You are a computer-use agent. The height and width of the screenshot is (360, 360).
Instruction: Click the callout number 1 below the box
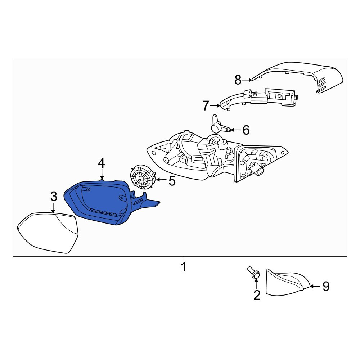click(184, 267)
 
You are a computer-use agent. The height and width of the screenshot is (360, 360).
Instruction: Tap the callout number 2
click(257, 295)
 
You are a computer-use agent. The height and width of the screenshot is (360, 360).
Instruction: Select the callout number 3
click(54, 197)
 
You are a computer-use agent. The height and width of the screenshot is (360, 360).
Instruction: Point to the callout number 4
click(101, 163)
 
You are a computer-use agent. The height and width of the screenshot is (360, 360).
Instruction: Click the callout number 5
click(172, 181)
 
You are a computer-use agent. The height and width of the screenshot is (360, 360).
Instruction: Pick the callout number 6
click(246, 130)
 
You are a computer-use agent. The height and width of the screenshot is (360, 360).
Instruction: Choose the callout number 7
click(206, 106)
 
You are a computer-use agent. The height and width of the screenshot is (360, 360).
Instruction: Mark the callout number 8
click(238, 80)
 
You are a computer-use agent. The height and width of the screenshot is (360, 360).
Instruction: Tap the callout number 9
click(326, 286)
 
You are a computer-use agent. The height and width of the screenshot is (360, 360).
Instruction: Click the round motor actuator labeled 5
click(142, 177)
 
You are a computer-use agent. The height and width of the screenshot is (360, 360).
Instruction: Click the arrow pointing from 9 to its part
click(315, 286)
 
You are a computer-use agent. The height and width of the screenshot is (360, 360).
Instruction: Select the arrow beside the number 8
click(248, 80)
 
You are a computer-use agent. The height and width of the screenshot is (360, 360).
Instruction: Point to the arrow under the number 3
click(53, 208)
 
